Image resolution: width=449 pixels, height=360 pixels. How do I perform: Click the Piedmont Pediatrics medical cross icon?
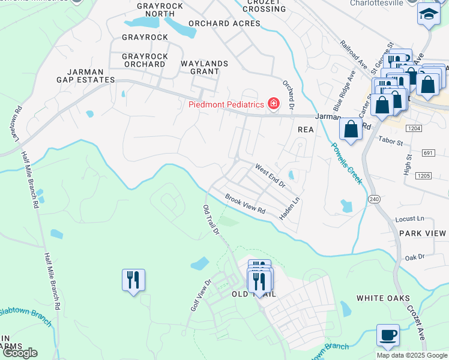[x=274, y=104]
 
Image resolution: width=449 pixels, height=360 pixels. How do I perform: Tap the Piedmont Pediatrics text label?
[x=226, y=104]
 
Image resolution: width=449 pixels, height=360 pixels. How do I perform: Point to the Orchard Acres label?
[x=224, y=23]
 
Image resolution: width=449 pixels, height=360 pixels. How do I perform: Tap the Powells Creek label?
[x=348, y=163]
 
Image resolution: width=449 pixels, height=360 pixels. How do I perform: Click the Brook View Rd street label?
[x=245, y=204]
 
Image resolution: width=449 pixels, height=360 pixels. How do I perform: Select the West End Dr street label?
[x=270, y=175]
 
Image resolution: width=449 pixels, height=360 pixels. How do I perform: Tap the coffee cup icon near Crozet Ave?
[x=388, y=335]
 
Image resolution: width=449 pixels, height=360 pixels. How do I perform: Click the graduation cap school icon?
[x=429, y=14]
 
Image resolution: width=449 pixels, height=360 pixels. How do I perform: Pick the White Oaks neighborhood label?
[x=383, y=298]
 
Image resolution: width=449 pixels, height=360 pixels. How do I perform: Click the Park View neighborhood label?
[x=423, y=233]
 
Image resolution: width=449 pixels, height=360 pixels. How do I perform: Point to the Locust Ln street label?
[x=411, y=219]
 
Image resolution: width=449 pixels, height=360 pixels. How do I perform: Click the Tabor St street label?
[x=393, y=139]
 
